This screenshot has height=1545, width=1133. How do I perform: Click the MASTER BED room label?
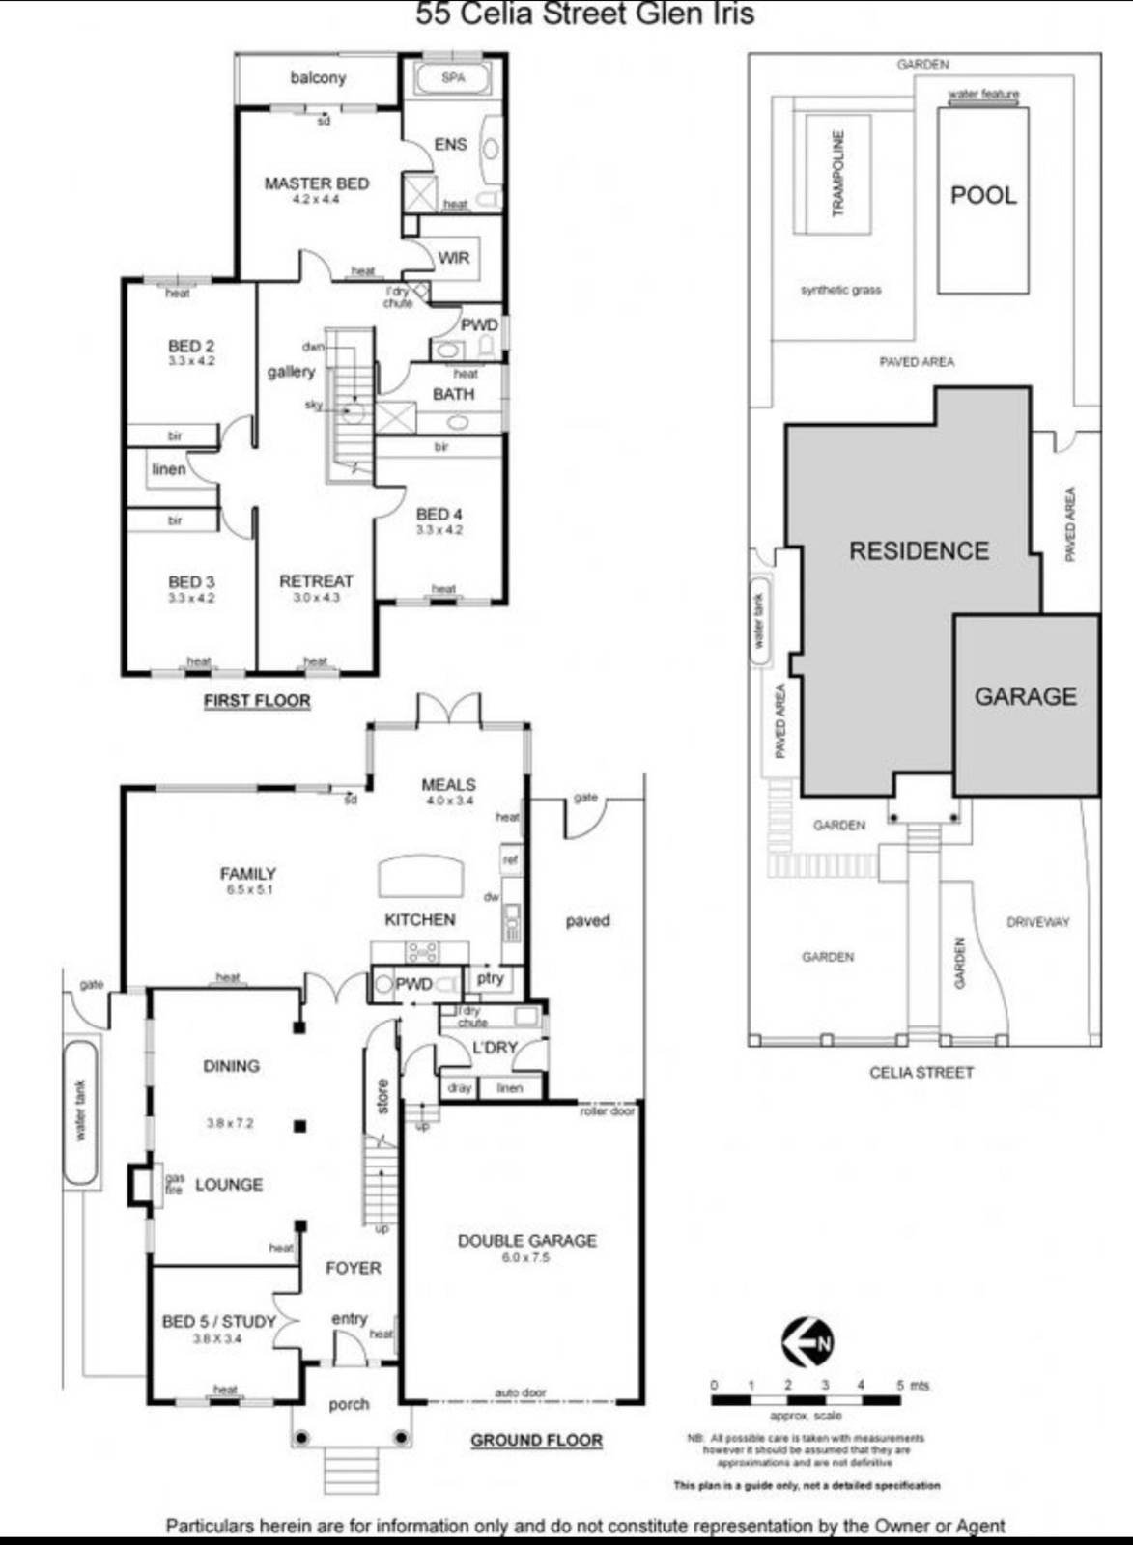(x=317, y=183)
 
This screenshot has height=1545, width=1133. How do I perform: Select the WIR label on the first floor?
(x=453, y=258)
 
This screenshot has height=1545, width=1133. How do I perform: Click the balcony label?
(x=318, y=78)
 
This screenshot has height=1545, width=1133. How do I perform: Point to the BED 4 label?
(x=439, y=515)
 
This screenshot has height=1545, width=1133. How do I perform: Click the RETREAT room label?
(x=316, y=581)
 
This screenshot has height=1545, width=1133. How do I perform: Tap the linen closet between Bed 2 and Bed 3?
(x=169, y=469)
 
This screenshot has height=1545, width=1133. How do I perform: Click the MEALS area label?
(x=448, y=785)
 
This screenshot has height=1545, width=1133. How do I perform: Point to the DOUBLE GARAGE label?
(x=526, y=1241)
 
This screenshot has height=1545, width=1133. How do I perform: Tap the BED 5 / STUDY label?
(x=219, y=1321)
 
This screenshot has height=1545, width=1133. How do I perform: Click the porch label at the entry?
(x=349, y=1404)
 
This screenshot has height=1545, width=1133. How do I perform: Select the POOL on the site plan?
(x=983, y=196)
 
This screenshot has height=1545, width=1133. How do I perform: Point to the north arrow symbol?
(x=807, y=1342)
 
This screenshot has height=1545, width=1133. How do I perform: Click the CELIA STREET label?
(x=921, y=1072)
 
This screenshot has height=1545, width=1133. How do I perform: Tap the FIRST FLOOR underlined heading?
(x=257, y=701)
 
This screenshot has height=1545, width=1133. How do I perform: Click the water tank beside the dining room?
(x=81, y=1111)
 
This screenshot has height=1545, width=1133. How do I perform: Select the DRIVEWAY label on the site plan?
(x=1037, y=922)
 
